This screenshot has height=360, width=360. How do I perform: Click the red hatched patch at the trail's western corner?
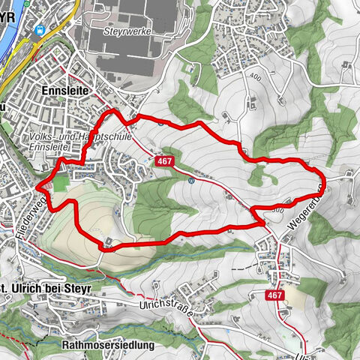point(46,182)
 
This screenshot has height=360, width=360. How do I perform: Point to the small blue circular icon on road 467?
point(193,180)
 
